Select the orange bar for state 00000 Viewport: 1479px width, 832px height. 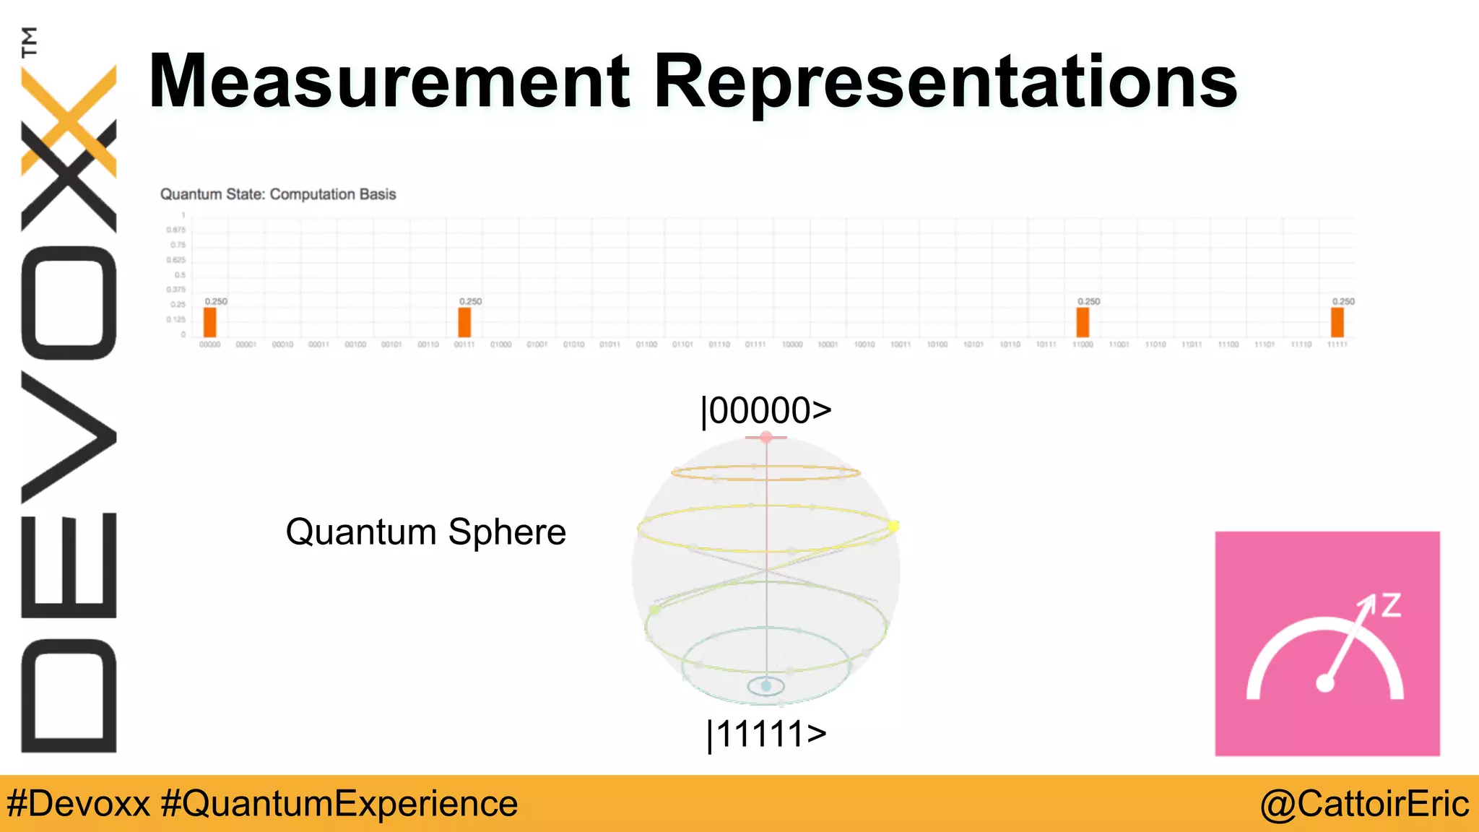tap(209, 322)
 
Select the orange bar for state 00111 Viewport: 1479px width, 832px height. tap(464, 322)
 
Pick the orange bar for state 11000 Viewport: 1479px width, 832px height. tap(1083, 322)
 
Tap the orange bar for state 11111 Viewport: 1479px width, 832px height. tap(1337, 322)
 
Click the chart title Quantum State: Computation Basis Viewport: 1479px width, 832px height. tap(278, 194)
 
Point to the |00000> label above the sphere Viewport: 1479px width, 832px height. tap(766, 410)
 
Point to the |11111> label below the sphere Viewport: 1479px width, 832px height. tap(766, 734)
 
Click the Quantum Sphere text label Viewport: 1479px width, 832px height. tap(425, 532)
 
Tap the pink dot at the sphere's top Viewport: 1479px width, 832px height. tap(766, 437)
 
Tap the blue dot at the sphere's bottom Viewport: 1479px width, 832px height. tap(766, 686)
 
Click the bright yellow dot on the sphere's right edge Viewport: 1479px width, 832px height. tap(894, 526)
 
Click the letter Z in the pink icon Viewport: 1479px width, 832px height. tap(1391, 605)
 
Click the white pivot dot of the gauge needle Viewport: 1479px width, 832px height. tap(1325, 682)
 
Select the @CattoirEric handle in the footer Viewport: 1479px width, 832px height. tap(1364, 804)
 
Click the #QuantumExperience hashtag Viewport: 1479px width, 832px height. tap(339, 804)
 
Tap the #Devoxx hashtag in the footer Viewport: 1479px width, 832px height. tap(78, 804)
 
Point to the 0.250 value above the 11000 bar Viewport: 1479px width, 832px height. tap(1088, 301)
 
